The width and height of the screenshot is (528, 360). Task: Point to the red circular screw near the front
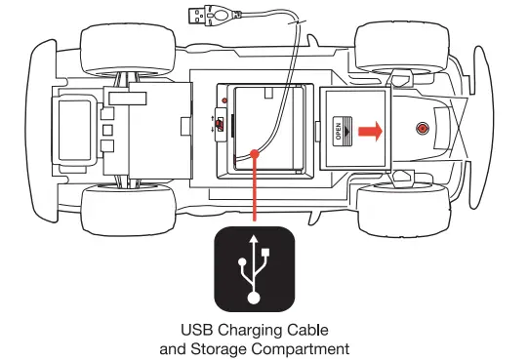click(422, 129)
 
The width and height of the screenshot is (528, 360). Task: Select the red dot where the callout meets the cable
click(255, 151)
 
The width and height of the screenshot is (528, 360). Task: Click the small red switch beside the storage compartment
click(222, 125)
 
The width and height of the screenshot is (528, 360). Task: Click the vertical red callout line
click(255, 190)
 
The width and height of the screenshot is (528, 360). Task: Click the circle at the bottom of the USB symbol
click(255, 295)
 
